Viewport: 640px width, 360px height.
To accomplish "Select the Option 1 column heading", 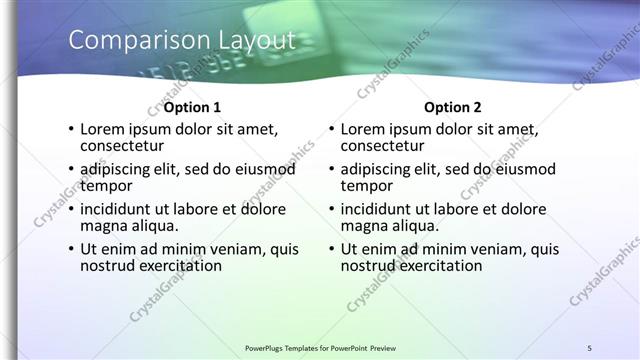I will tap(192, 107).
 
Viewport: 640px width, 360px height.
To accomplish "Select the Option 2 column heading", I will tap(452, 107).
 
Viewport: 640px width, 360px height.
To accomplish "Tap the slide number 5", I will tap(590, 347).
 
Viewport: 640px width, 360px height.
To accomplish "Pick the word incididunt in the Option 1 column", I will tap(117, 210).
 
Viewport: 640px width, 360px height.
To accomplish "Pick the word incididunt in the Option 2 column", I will tap(378, 210).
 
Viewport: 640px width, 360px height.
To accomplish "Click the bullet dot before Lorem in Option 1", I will tap(69, 130).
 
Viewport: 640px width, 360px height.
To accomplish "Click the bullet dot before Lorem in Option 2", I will tap(330, 130).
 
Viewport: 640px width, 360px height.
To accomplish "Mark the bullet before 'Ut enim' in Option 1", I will tap(69, 250).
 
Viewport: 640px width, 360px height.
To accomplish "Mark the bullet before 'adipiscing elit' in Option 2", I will tap(330, 170).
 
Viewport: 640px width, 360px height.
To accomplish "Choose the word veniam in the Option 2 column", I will tap(491, 250).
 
